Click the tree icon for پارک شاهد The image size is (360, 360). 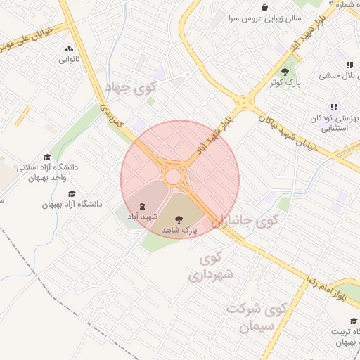tap(188, 219)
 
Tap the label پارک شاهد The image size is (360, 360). tap(180, 230)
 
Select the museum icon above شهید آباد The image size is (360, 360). tap(143, 206)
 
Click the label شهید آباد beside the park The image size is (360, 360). tap(143, 217)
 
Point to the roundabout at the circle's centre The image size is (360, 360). tap(173, 176)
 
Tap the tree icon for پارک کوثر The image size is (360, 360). tap(285, 72)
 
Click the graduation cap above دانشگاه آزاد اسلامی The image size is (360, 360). tap(47, 157)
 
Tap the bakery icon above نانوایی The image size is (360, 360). tap(69, 49)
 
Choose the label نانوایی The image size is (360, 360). tap(69, 60)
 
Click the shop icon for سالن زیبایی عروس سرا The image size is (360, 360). tap(264, 6)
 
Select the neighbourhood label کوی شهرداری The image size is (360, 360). tap(211, 267)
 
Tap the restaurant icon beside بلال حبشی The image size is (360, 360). tap(349, 65)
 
